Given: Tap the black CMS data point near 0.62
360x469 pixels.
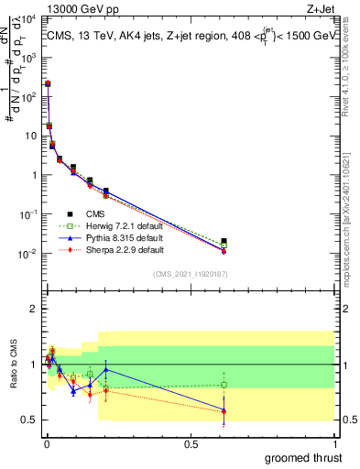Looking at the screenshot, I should [224, 241].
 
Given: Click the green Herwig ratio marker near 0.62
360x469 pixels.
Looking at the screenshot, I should [224, 385].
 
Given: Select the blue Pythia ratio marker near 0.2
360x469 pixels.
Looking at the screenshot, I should [106, 370].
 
